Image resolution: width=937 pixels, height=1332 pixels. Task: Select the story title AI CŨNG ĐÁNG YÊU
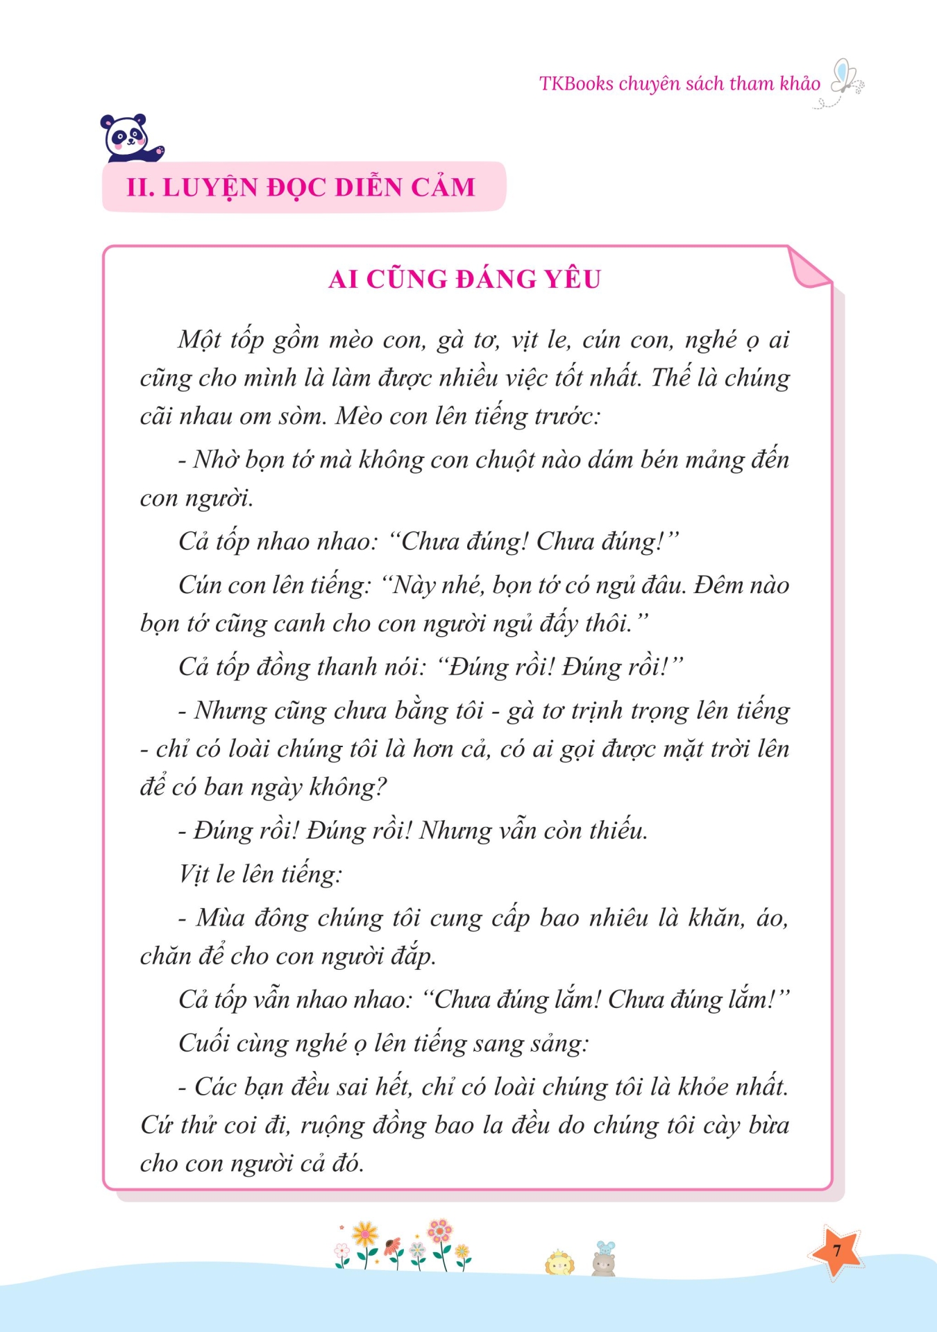(464, 279)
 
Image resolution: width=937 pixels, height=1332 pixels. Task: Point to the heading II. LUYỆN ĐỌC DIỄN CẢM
(301, 187)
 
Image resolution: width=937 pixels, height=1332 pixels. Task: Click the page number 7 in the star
(836, 1251)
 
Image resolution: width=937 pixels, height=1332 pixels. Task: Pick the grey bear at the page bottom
(604, 1265)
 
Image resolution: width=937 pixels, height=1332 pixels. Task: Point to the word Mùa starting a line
(221, 918)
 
